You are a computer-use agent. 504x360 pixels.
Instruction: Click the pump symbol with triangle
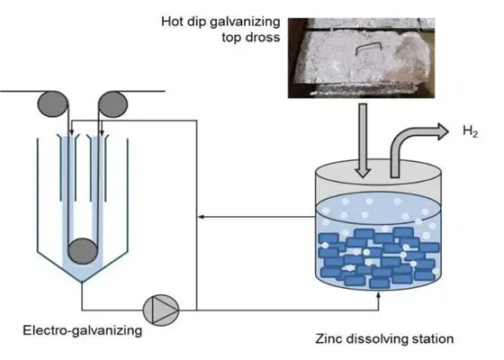click(x=165, y=307)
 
